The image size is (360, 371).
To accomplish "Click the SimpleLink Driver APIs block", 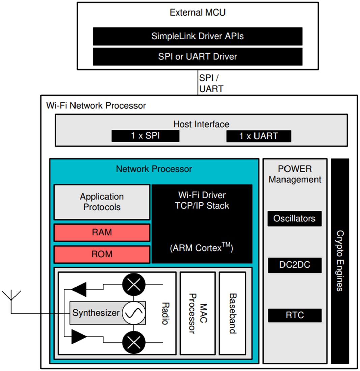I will (198, 36).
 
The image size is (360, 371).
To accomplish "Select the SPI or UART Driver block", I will (198, 56).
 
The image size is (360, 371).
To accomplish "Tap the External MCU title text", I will (198, 13).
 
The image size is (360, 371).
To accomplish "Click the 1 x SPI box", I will (145, 136).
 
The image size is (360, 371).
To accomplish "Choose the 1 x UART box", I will (259, 136).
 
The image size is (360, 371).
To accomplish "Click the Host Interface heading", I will (201, 124).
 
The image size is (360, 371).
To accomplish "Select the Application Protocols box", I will (102, 202).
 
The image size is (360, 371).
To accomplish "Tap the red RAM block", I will (102, 232).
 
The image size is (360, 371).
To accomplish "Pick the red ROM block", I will (102, 254).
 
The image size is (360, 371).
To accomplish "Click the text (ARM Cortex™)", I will (202, 248).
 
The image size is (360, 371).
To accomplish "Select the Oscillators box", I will (294, 219).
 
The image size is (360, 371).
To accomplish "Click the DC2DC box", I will (294, 265).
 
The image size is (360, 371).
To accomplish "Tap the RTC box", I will (294, 315).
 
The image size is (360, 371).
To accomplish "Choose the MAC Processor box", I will (198, 313).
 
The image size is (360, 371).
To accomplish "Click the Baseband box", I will (232, 313).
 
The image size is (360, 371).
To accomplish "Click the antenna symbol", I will (11, 297).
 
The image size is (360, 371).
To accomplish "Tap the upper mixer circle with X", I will (134, 285).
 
